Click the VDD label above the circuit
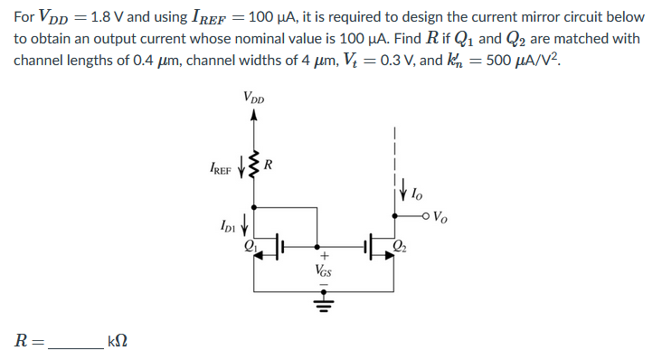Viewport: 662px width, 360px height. pos(253,97)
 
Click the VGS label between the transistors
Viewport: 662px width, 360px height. pos(322,270)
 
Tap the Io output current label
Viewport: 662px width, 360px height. pos(414,193)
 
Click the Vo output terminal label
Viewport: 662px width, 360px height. pos(441,216)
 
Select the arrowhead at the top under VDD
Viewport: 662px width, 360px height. pos(253,115)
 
